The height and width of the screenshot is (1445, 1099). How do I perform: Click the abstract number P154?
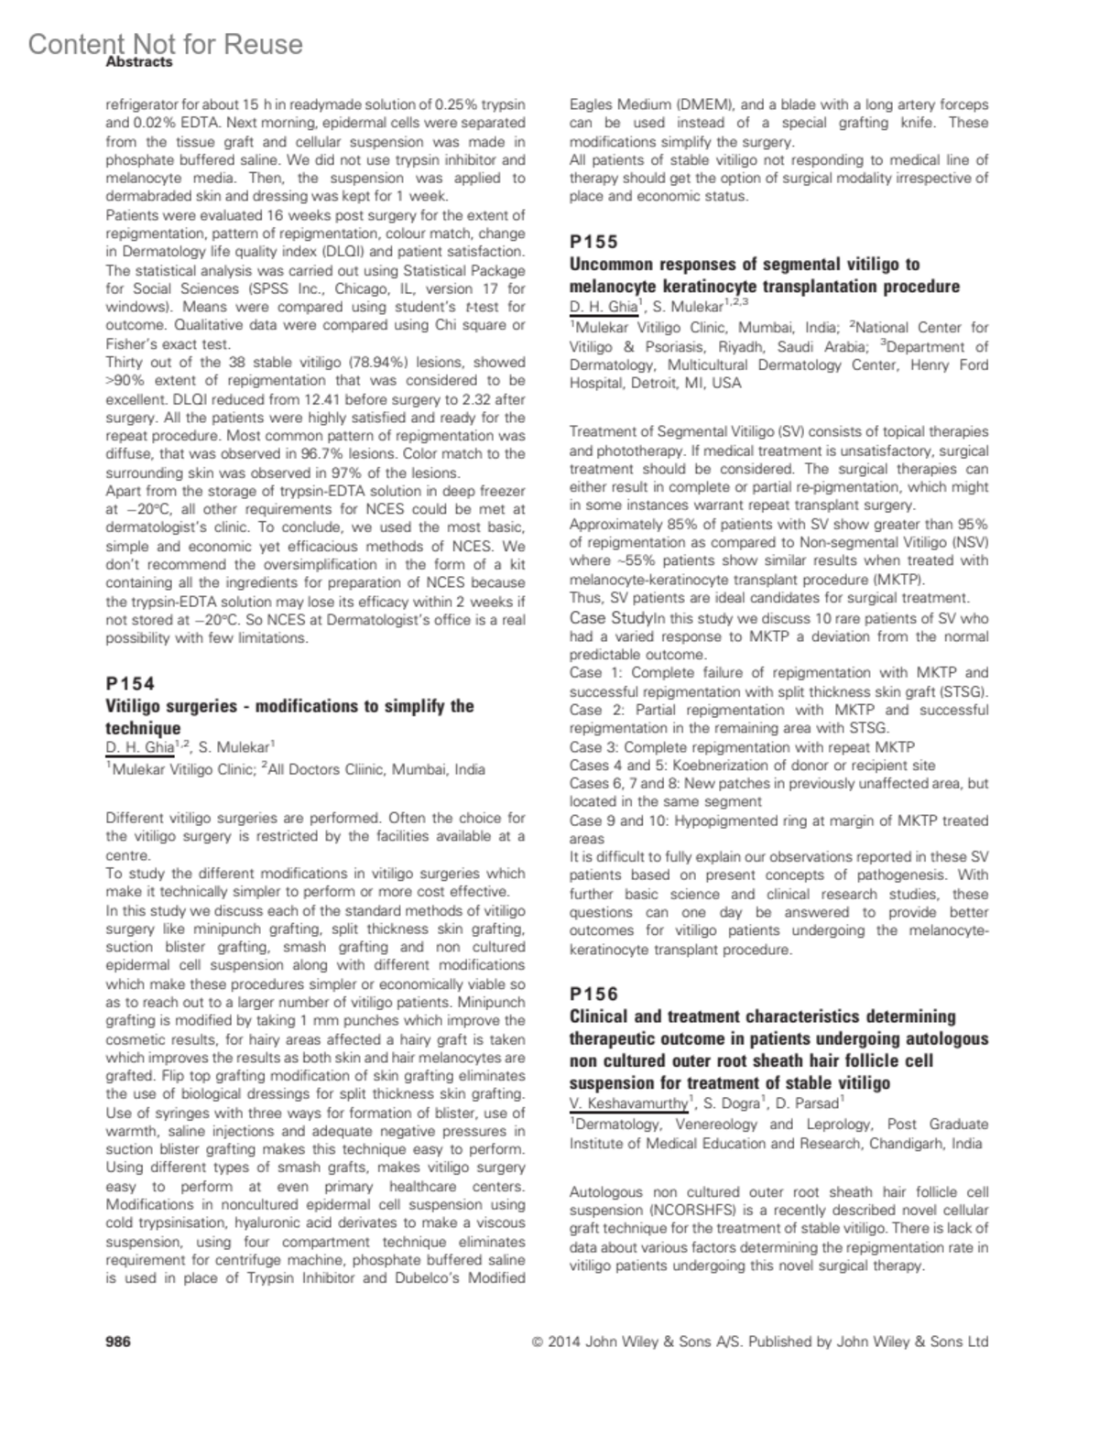[x=131, y=683]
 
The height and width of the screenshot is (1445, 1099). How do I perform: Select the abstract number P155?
[x=594, y=242]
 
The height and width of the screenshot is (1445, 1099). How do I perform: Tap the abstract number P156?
[x=594, y=994]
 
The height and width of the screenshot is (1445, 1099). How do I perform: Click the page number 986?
[x=118, y=1342]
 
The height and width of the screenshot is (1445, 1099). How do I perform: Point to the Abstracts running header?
[x=139, y=62]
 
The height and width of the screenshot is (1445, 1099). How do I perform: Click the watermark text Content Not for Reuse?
[x=165, y=44]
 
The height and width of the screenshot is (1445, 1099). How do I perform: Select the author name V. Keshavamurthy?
[x=628, y=1103]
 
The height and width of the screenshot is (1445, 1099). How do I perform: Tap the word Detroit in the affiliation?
[x=655, y=384]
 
